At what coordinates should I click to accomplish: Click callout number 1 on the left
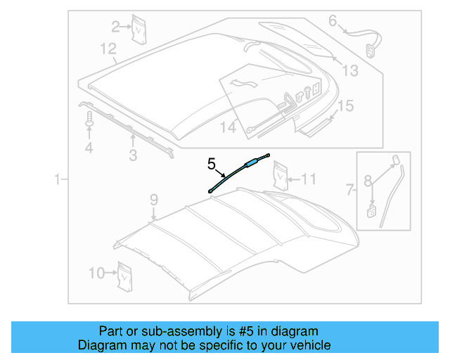coord(58,181)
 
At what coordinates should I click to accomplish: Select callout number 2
coord(116,27)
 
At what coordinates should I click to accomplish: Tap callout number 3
coord(132,155)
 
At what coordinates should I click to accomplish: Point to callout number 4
coord(89,148)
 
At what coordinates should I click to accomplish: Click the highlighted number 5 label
coord(211,165)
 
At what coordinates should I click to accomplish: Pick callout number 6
coord(333,20)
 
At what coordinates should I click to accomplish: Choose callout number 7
coord(349,188)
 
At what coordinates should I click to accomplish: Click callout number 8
coord(367,181)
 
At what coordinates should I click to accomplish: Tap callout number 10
coord(97,273)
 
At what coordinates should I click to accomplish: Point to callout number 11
coord(309,179)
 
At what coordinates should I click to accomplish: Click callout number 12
coord(108,49)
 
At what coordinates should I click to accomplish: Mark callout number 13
coord(349,70)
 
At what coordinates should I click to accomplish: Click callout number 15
coord(345,106)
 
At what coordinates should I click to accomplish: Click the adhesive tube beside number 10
coord(126,275)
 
